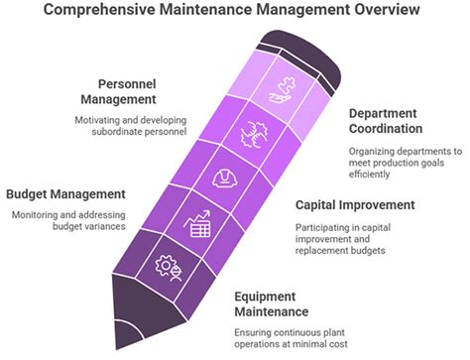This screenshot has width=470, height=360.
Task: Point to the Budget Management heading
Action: click(65, 193)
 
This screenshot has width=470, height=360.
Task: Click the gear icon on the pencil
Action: click(167, 268)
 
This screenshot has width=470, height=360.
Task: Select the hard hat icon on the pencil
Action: click(226, 180)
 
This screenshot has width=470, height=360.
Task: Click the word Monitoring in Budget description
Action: click(35, 214)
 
